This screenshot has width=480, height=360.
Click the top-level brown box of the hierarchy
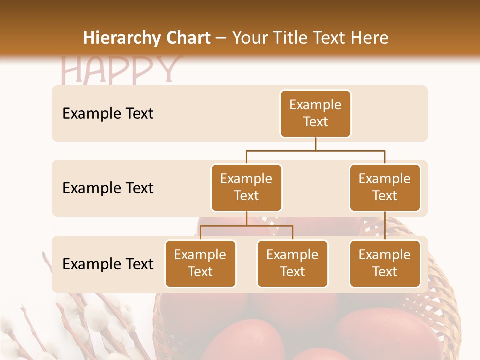click(x=315, y=113)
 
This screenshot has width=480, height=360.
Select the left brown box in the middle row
click(x=246, y=187)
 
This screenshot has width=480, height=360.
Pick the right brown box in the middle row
click(x=385, y=187)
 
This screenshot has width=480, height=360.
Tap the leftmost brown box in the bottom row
click(x=200, y=263)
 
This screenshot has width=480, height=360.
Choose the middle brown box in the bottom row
click(x=292, y=263)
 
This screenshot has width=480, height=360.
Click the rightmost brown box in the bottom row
click(x=385, y=263)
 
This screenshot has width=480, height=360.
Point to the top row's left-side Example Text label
click(x=108, y=114)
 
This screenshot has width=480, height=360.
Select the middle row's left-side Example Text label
click(x=108, y=188)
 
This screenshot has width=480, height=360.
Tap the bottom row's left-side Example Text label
click(x=108, y=264)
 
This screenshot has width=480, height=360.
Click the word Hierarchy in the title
click(x=122, y=38)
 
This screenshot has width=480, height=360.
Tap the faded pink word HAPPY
click(x=120, y=70)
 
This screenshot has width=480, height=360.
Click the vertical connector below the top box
click(x=315, y=144)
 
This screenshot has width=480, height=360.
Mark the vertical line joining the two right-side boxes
click(x=385, y=225)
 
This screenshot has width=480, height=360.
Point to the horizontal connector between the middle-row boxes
click(x=315, y=150)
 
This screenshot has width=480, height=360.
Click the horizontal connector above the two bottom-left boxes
click(x=246, y=226)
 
